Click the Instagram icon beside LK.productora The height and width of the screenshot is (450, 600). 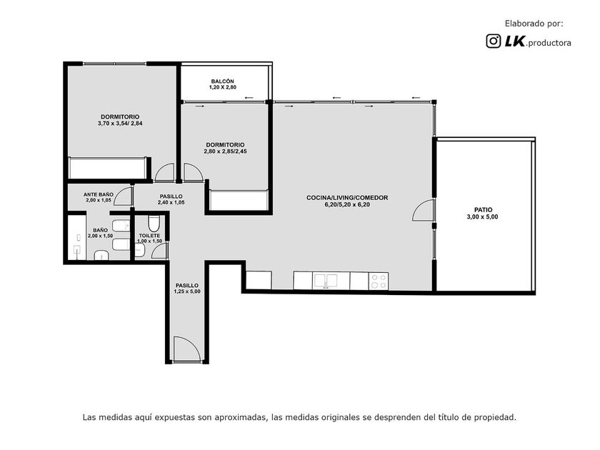coord(494,41)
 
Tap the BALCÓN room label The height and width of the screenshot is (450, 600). coord(222,81)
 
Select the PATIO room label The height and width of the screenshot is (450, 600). coord(483,210)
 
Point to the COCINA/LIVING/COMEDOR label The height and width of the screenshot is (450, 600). coord(347,198)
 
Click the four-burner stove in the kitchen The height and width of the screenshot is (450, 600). coord(379,281)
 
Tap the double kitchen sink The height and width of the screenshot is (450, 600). coord(325,281)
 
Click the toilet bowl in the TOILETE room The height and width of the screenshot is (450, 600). coord(154,223)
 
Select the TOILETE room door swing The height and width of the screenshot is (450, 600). coord(160,251)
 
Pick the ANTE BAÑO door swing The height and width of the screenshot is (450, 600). coord(123,196)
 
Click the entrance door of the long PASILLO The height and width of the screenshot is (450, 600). coord(186,349)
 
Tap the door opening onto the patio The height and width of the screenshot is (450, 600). coord(423,210)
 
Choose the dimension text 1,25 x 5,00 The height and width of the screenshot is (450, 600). coord(187,291)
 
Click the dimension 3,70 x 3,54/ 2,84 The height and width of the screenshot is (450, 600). coord(120,124)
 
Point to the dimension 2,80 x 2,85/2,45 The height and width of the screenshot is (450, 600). coord(226,151)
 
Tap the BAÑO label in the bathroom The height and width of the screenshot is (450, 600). coord(100,230)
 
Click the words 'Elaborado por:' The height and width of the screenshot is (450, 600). coord(534,24)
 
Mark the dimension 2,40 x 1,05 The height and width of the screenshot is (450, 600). coord(171,202)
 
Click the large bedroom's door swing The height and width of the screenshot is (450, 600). coord(164,173)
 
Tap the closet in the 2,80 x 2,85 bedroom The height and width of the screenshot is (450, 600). coord(239,200)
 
